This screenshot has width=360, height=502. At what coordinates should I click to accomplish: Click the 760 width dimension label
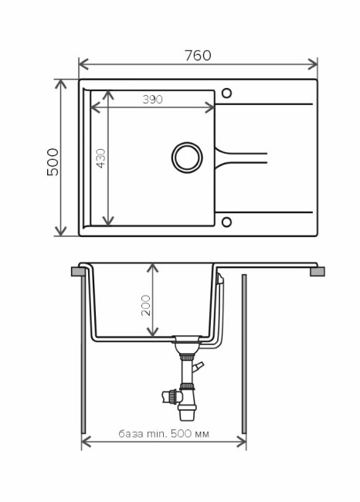(x=198, y=55)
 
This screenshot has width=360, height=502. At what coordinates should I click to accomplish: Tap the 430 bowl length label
(x=100, y=158)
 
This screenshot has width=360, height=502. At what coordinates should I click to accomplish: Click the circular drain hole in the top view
(x=186, y=156)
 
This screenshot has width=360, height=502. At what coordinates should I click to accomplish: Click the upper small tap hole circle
(x=226, y=93)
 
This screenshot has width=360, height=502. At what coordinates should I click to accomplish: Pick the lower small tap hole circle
(x=226, y=223)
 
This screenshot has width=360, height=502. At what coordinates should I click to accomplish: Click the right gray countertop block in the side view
(x=317, y=271)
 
